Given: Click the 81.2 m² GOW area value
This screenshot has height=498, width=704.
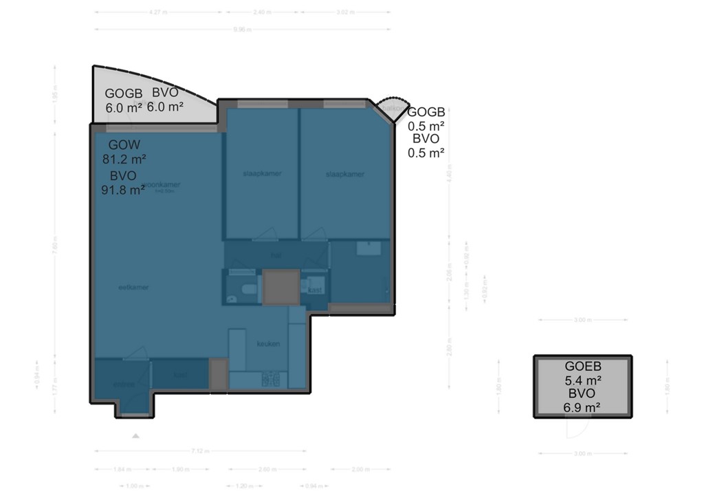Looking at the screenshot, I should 124,159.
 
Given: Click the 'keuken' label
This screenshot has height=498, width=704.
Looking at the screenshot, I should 268,343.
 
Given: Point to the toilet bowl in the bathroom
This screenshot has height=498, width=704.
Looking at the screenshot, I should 232,298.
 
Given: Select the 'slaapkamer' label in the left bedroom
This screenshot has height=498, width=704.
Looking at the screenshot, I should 262,173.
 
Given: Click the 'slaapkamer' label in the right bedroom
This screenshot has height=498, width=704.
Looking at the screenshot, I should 344,174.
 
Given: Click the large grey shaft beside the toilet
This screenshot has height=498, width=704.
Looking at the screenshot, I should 281,288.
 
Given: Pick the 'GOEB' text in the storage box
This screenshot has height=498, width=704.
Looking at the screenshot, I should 583,367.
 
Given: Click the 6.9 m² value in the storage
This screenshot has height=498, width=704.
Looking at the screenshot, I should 583,407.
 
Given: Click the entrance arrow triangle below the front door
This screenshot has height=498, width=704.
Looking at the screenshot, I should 136,435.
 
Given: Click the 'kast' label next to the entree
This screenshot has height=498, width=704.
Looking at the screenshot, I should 181,376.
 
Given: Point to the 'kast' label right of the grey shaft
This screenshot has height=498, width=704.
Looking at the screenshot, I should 316,290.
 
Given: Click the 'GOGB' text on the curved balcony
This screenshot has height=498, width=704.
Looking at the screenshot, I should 124,94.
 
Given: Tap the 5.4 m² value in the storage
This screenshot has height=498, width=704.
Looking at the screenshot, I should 583,380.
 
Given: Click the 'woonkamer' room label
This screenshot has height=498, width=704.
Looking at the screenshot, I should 162,185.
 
